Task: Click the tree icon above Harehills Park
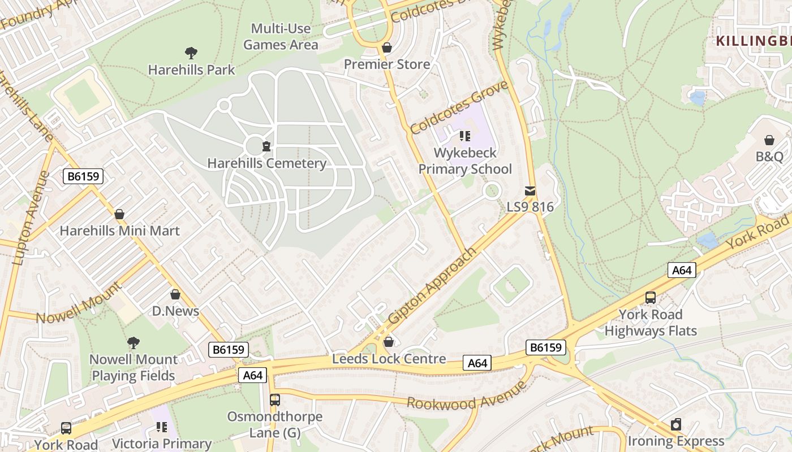coord(191,53)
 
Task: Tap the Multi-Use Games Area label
coord(281,37)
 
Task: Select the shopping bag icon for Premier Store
coord(387,47)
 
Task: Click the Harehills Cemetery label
coord(266,163)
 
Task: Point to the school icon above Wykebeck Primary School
coord(465,136)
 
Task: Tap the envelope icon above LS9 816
coord(530,191)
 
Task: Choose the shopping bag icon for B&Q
coord(769,140)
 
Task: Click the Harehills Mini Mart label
coord(119,231)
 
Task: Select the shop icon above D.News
coord(175,294)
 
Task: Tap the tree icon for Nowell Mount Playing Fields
coord(134,342)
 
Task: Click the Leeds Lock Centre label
coord(389,359)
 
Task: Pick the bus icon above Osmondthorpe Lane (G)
coord(275,400)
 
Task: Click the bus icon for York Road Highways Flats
coord(651,297)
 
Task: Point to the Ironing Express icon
coord(676,424)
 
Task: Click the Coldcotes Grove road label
coord(459,107)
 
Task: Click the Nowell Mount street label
coord(79,303)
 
